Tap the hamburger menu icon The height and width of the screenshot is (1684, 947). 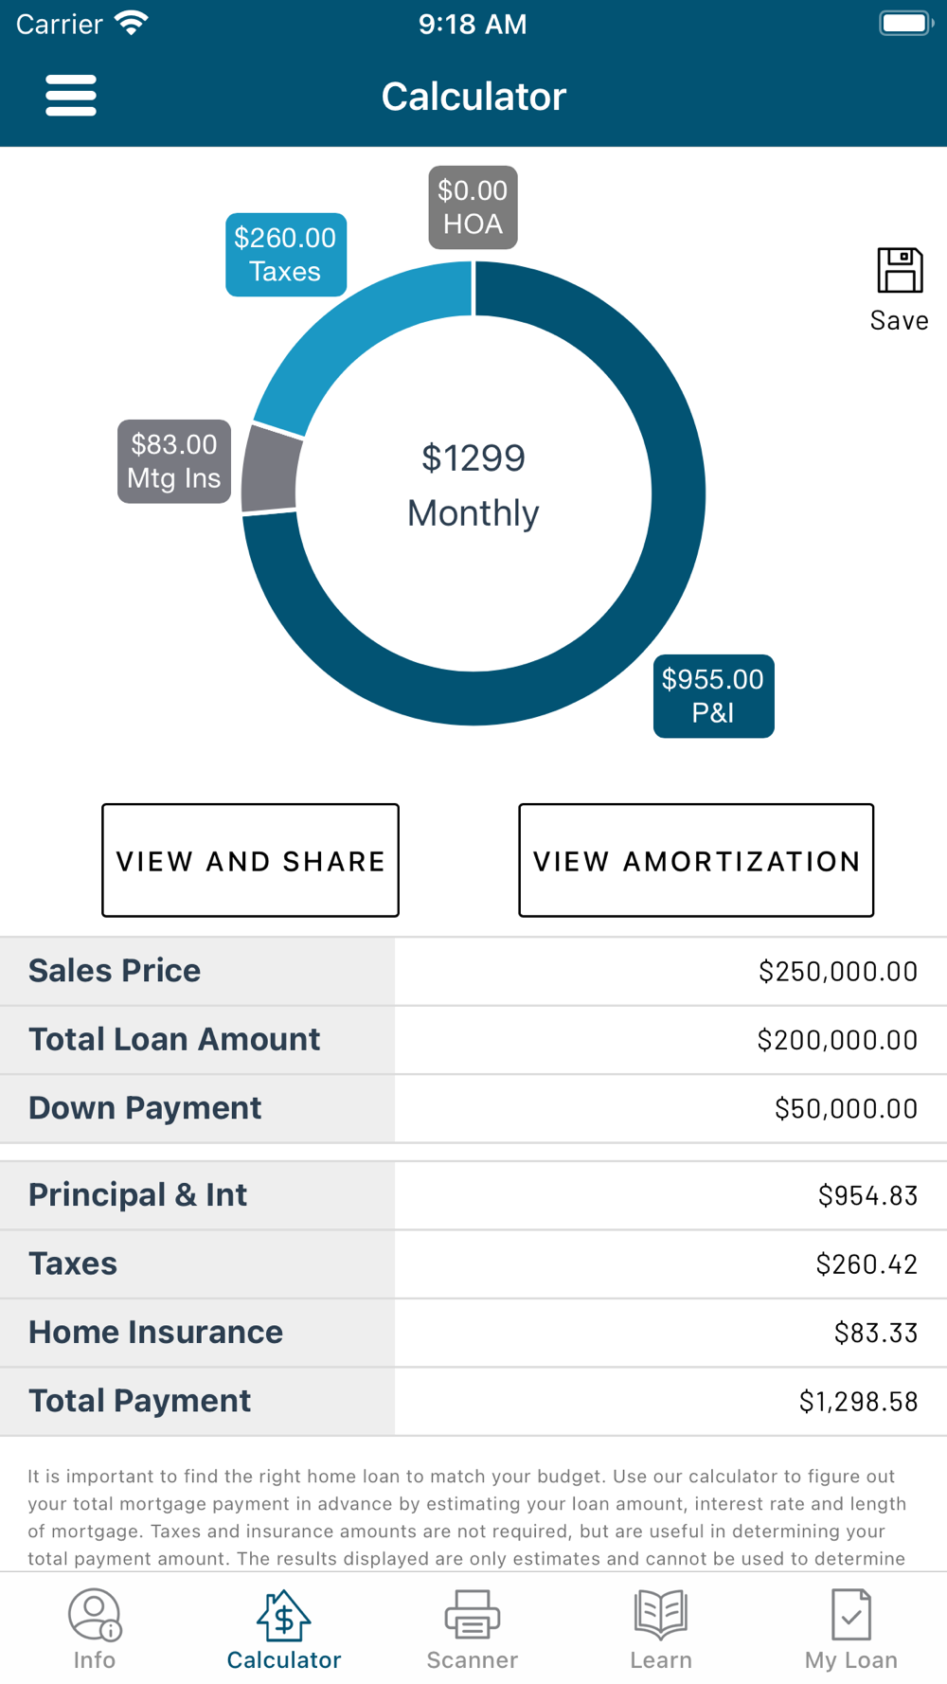71,96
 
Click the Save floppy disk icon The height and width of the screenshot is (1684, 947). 900,271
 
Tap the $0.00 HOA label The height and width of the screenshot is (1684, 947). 473,207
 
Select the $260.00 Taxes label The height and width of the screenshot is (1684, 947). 285,255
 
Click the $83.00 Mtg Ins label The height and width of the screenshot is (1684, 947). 174,461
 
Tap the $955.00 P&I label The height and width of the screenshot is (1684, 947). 713,696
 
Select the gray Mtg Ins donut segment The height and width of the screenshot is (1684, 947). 270,468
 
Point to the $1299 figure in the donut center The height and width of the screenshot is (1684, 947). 473,458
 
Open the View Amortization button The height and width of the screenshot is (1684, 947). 696,860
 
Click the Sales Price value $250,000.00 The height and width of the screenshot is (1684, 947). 838,972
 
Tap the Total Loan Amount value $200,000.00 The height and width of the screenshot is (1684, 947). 837,1040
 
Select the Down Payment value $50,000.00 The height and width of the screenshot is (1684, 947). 846,1108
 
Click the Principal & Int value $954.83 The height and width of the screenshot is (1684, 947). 867,1195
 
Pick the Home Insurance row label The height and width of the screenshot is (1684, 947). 155,1332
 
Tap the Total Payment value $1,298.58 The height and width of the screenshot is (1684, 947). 858,1401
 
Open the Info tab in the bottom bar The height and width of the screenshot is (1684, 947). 94,1630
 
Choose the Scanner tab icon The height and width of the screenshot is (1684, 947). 473,1614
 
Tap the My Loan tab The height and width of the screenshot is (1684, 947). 850,1630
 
